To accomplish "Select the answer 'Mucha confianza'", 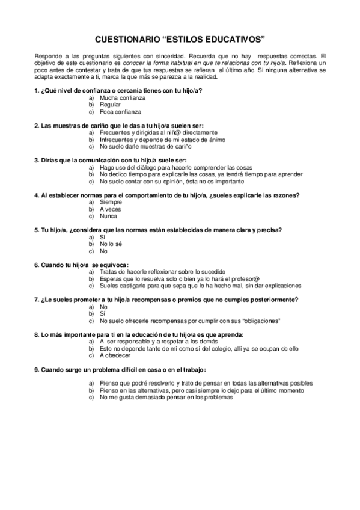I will pyautogui.click(x=122, y=97).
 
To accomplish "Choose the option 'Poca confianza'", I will pyautogui.click(x=120, y=112).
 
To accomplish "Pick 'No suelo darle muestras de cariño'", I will pyautogui.click(x=145, y=146).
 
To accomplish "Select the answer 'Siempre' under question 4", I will pyautogui.click(x=111, y=202).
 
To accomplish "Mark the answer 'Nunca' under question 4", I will pyautogui.click(x=109, y=216).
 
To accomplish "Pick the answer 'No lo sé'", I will pyautogui.click(x=111, y=244).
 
